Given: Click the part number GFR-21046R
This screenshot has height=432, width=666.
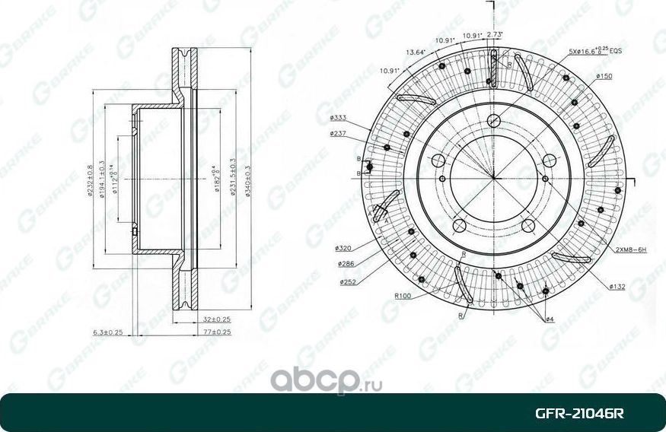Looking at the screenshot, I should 579,414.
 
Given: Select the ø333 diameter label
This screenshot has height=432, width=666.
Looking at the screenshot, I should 339,118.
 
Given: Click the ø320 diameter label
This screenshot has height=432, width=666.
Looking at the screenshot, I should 343,248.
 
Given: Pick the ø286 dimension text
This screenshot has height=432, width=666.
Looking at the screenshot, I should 347,263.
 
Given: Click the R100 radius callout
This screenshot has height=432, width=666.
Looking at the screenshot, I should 403,296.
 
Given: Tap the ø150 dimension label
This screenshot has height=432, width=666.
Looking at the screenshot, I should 604,76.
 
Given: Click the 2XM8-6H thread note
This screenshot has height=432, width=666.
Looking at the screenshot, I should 630,249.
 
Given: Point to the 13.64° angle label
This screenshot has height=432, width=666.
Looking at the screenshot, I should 416,52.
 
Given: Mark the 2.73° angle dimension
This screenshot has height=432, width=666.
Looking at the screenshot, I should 496,35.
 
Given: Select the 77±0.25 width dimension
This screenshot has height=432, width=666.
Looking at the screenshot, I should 217,332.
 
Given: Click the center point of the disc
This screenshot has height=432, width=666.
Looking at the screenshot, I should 493,178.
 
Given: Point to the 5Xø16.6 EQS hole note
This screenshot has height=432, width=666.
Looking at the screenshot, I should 594,50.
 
